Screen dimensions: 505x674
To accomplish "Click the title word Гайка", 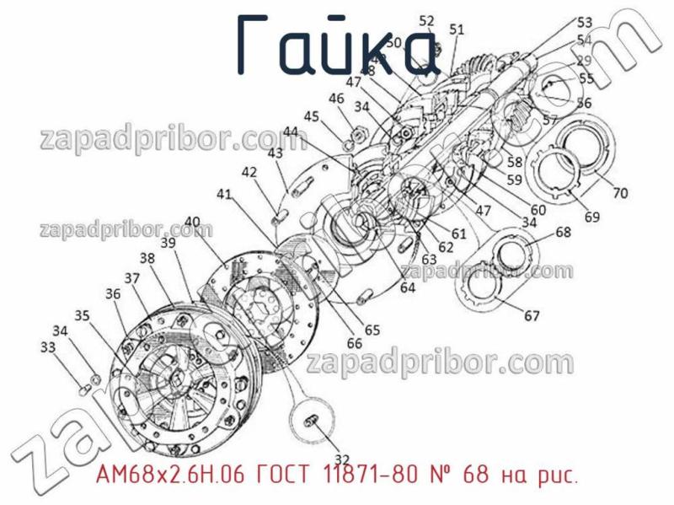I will (x=336, y=46).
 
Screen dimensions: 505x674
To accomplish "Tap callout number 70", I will (x=619, y=193).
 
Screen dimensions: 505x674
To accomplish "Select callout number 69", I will (x=591, y=217).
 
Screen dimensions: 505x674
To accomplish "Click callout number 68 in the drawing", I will (x=563, y=233).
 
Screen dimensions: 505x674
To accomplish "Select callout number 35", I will (x=82, y=315).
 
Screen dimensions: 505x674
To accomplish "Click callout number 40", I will (x=192, y=223).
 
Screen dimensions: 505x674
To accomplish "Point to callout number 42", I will (x=249, y=172).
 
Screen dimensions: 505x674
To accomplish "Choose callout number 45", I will (x=312, y=116).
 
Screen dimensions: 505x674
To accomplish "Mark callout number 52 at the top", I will (x=427, y=21).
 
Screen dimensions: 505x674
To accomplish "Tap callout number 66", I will (x=355, y=343).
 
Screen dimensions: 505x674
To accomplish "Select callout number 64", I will (x=408, y=287).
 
